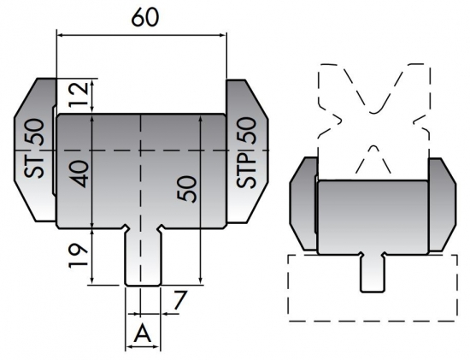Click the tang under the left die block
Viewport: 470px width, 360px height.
click(142, 257)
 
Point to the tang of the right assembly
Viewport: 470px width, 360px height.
click(371, 272)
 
